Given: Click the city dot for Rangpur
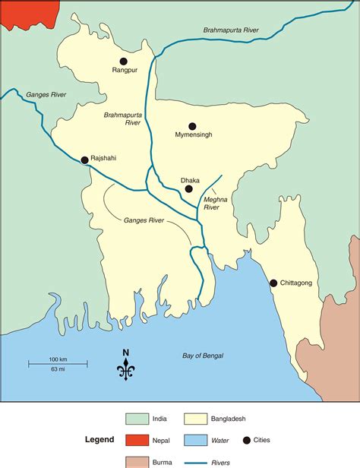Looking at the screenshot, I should (x=124, y=61).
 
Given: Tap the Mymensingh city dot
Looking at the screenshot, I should (x=192, y=126).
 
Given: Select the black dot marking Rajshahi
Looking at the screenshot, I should (x=84, y=160).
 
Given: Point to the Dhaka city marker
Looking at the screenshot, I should (x=188, y=188).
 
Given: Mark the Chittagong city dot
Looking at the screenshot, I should (x=273, y=283).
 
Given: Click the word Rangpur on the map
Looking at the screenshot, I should (x=124, y=72).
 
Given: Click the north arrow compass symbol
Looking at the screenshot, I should (x=125, y=366).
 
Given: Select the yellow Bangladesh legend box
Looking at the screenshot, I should (x=195, y=418).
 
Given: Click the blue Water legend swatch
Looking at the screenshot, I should (x=195, y=439).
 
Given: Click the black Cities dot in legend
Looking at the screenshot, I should (x=248, y=439).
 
